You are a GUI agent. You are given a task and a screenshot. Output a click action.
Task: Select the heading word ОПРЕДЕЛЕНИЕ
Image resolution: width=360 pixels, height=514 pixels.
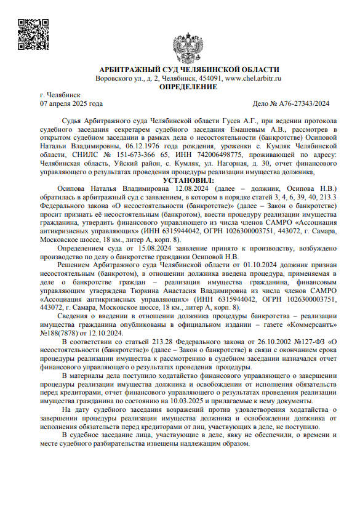tap(188, 87)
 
